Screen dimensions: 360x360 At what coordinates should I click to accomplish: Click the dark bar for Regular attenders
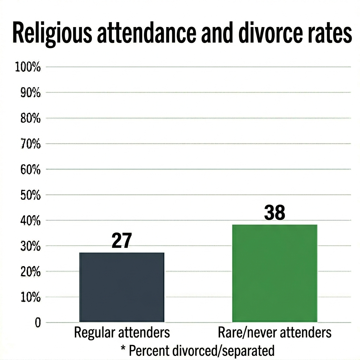pyautogui.click(x=122, y=287)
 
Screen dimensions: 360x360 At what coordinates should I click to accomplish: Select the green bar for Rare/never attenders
pyautogui.click(x=275, y=273)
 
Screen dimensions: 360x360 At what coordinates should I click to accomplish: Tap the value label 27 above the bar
pyautogui.click(x=121, y=241)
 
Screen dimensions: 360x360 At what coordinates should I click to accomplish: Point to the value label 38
pyautogui.click(x=274, y=213)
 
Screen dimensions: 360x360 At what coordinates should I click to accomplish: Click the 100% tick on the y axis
pyautogui.click(x=28, y=67)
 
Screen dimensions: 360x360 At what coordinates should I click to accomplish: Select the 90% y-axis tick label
pyautogui.click(x=28, y=93)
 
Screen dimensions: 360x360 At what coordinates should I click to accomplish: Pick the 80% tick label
pyautogui.click(x=28, y=118)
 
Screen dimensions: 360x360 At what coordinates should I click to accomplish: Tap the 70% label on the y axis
pyautogui.click(x=28, y=144)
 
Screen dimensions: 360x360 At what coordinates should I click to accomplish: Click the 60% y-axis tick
pyautogui.click(x=28, y=169)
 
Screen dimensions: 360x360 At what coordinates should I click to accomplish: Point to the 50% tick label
pyautogui.click(x=28, y=195)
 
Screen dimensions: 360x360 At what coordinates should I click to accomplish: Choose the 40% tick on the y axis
pyautogui.click(x=28, y=221)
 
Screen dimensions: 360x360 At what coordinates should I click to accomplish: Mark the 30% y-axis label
pyautogui.click(x=28, y=246)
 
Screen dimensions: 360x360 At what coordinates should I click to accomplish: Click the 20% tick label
pyautogui.click(x=28, y=272)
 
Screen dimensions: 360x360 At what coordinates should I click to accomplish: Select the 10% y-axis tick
pyautogui.click(x=28, y=297)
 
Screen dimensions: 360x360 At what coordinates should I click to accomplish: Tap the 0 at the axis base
pyautogui.click(x=38, y=323)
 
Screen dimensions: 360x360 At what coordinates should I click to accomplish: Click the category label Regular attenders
pyautogui.click(x=122, y=332)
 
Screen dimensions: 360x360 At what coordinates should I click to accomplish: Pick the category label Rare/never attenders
pyautogui.click(x=275, y=332)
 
